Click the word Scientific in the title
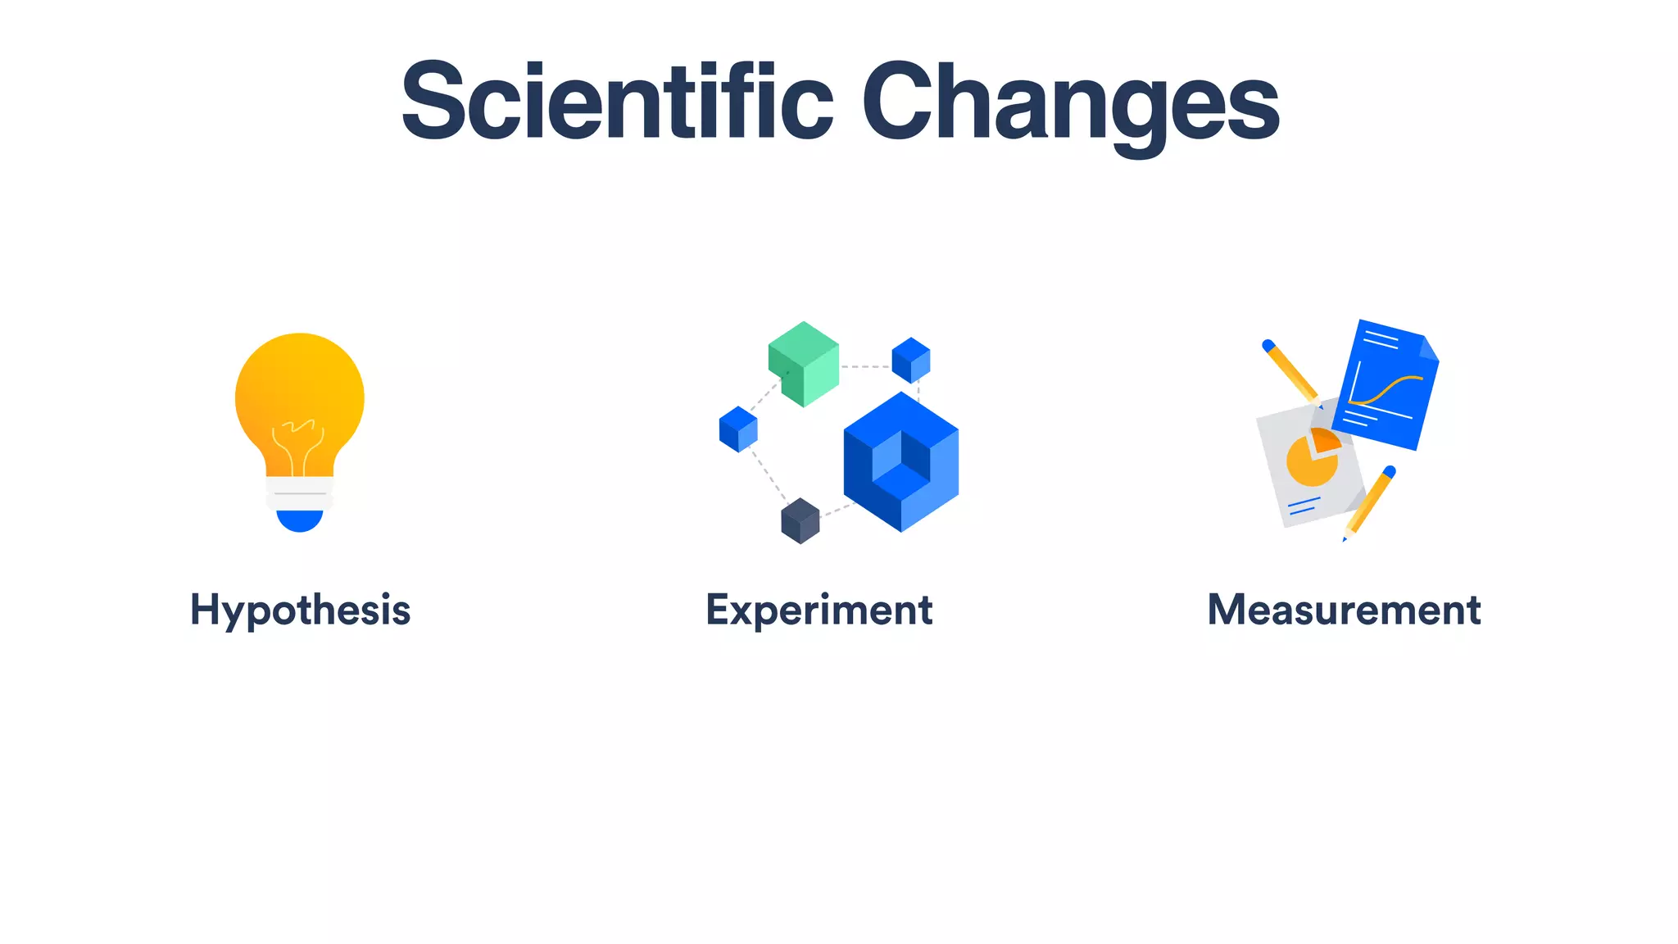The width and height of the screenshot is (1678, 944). point(616,102)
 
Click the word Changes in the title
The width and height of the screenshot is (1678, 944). point(1069,102)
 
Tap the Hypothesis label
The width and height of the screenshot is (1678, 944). point(300,610)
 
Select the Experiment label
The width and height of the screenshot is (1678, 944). point(819,610)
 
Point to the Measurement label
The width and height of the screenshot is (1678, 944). point(1344,610)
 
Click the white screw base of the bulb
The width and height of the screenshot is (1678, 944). point(300,492)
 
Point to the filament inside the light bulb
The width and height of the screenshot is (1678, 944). point(298,442)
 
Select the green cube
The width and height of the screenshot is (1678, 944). point(804,363)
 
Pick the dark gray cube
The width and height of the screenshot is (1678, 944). point(800,520)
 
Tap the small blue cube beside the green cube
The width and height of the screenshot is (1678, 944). point(910,360)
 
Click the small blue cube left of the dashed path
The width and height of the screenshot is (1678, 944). point(738,429)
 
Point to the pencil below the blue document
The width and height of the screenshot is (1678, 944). point(1369,501)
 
